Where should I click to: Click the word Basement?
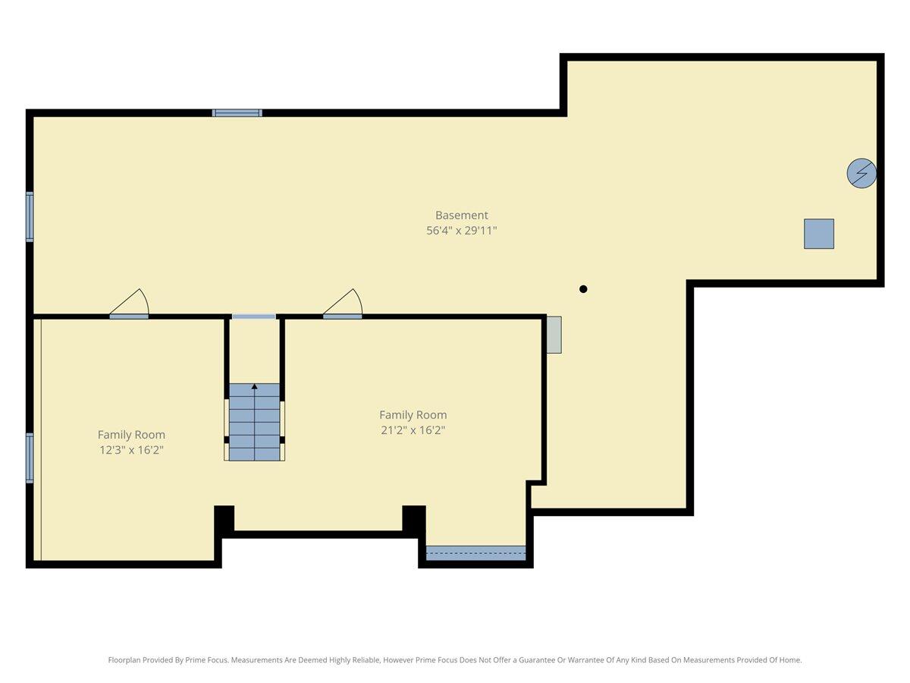point(461,216)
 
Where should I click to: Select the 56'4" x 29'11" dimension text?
point(461,231)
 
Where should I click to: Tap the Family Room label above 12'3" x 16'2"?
point(131,435)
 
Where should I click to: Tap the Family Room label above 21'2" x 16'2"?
point(413,415)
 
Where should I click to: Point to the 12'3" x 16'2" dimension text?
point(131,450)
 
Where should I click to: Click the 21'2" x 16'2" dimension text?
point(413,430)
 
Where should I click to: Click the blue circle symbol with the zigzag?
point(861,174)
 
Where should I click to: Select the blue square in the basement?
point(819,234)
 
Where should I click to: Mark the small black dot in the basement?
point(583,289)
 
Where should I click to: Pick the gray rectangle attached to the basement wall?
point(554,335)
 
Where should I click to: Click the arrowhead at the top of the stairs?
point(255,387)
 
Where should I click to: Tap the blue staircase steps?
point(255,425)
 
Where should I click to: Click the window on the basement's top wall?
point(237,113)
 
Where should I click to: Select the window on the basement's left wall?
point(30,217)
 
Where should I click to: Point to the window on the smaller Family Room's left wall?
point(30,458)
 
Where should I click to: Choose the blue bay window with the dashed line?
point(475,553)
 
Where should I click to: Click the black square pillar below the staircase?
point(224,520)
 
